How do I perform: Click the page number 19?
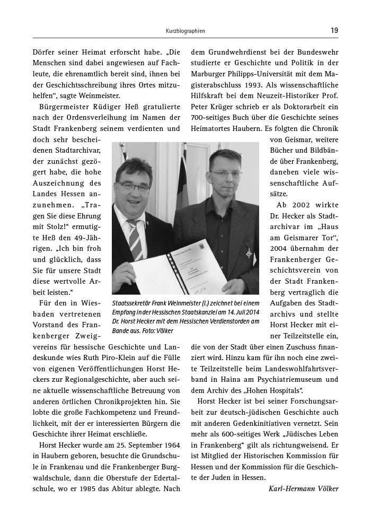click(334, 30)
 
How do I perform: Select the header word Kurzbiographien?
click(185, 31)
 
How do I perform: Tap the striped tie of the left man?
click(136, 238)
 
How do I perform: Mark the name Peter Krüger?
click(209, 107)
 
